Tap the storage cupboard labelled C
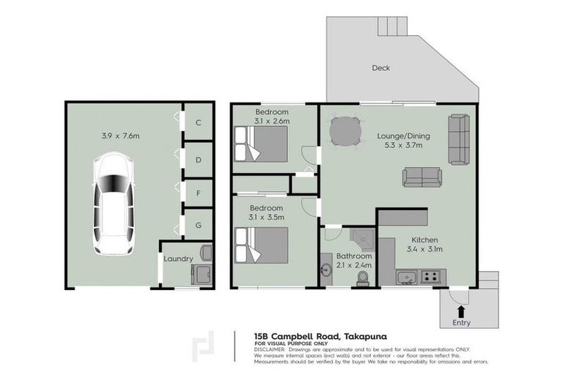tap(199, 124)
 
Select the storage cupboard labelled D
tap(199, 159)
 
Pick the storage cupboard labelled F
tap(199, 193)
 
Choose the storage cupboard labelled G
tap(199, 225)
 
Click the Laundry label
tap(178, 259)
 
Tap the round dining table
tap(345, 133)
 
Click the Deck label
tap(380, 68)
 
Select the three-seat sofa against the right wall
tap(459, 139)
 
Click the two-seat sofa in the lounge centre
tap(422, 177)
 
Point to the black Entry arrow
tap(461, 311)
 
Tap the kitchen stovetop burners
tap(431, 277)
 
